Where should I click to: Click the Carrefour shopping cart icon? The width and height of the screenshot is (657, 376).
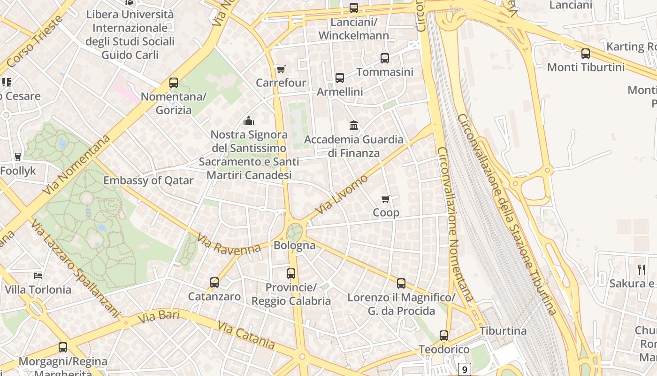coord(281,70)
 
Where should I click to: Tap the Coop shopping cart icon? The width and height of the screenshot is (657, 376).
coord(386,199)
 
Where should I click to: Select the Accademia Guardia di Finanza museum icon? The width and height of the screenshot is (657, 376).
coord(354,125)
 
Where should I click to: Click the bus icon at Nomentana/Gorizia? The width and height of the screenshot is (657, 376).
coord(174,83)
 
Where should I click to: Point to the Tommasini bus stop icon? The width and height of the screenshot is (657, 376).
coord(385,58)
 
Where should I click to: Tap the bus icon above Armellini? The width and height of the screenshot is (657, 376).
coord(340,78)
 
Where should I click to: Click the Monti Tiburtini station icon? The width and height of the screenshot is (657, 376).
coord(586,54)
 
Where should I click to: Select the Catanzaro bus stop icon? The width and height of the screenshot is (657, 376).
coord(214,282)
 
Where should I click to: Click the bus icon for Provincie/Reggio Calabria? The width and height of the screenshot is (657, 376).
coord(291,273)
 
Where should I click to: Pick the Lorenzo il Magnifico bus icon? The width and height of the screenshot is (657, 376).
coord(401,283)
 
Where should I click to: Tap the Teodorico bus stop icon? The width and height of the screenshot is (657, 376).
coord(444,336)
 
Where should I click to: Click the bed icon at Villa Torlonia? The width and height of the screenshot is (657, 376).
coord(38,275)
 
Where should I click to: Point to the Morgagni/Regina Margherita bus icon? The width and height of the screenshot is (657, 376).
coord(63,347)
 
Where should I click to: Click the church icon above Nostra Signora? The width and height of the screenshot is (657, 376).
coord(249,121)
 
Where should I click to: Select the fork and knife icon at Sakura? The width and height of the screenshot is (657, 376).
coord(641,269)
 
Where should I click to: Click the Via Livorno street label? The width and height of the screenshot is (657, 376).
coord(342,195)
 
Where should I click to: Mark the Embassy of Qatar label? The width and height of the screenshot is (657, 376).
coord(148,180)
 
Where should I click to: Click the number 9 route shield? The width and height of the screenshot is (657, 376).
coord(464,370)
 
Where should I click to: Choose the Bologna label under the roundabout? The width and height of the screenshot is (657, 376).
coord(294,245)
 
